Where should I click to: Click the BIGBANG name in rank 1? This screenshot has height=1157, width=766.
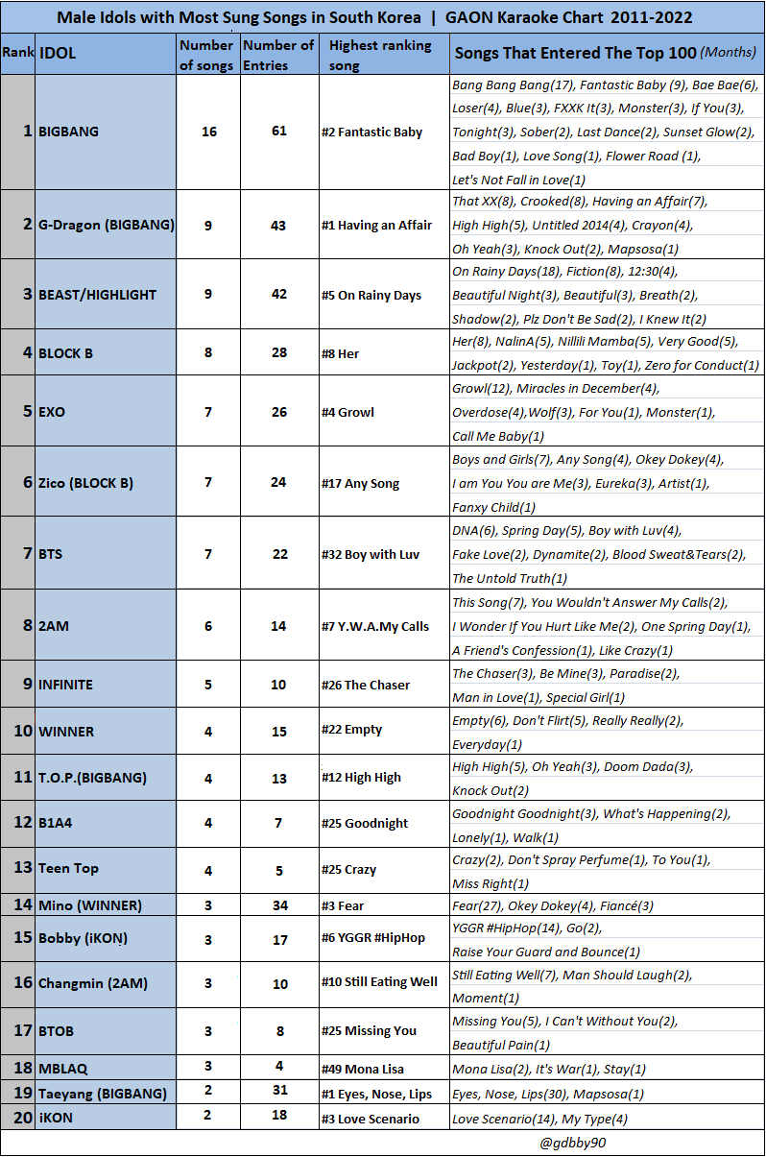tap(68, 132)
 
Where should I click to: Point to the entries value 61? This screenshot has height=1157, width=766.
tap(278, 132)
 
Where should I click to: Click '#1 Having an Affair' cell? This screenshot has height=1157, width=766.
tap(376, 225)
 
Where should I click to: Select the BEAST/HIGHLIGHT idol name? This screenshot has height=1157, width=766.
tap(97, 295)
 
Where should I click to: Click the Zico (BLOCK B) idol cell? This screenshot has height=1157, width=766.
tap(85, 482)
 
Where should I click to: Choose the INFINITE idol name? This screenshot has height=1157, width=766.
tap(66, 685)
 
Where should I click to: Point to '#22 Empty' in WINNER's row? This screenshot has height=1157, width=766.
tap(351, 730)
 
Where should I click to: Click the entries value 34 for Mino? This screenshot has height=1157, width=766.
tap(278, 905)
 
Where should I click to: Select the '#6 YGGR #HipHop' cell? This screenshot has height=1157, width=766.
tap(373, 938)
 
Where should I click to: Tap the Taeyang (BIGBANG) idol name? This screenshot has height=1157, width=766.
tap(102, 1093)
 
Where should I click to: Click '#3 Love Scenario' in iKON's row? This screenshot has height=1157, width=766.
tap(370, 1119)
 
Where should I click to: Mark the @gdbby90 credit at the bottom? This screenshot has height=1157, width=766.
tap(573, 1143)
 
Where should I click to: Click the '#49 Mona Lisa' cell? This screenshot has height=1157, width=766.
tap(362, 1069)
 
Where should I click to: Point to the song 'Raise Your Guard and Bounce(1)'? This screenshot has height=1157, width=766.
tap(545, 952)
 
